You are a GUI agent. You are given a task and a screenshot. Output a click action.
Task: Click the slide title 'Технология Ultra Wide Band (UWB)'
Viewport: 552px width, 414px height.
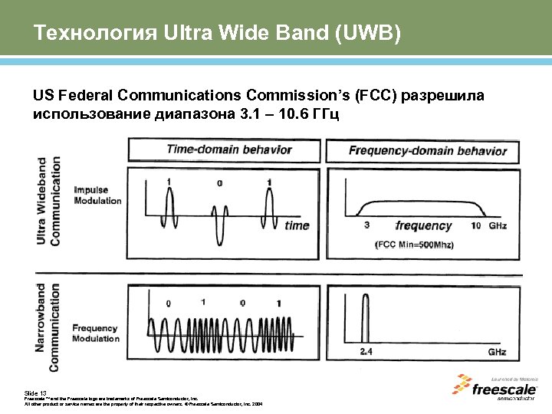coord(217,34)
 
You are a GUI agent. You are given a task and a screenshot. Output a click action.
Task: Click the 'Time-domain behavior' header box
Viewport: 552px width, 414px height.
coord(224,150)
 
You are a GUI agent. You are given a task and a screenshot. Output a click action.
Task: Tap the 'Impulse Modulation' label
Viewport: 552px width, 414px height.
coord(97,195)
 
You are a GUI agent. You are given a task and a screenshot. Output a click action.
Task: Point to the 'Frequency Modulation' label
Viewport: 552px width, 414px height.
coord(96,333)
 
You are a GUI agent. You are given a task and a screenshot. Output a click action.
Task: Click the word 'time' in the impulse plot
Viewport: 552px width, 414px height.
coord(297,225)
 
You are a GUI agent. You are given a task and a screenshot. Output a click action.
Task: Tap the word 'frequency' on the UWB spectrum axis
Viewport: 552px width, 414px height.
coord(423,225)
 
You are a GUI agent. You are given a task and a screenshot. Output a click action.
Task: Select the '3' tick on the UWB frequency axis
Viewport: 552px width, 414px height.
coord(367,225)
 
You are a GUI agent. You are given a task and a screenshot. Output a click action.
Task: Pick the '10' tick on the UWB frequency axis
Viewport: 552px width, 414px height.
coord(476,225)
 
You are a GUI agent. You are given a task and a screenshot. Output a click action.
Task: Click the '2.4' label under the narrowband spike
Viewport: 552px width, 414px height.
coord(367,352)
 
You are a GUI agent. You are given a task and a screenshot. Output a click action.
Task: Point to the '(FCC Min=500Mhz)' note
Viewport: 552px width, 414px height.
coord(415,245)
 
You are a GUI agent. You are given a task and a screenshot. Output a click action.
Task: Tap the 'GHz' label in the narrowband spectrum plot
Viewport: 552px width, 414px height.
coord(497,352)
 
